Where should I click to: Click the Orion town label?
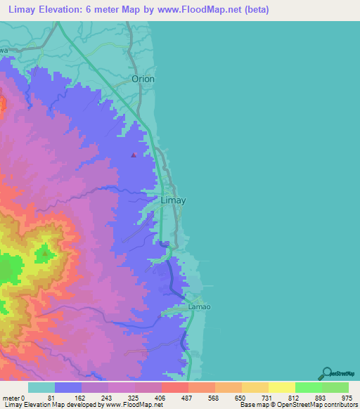tap(143, 79)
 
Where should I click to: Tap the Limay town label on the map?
tap(174, 200)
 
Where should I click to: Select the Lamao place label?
tap(199, 307)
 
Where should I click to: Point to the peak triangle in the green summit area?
tap(46, 252)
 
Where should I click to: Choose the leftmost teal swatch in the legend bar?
tap(41, 387)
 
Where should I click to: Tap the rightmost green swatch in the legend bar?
tap(335, 387)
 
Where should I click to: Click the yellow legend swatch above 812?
tap(282, 387)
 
